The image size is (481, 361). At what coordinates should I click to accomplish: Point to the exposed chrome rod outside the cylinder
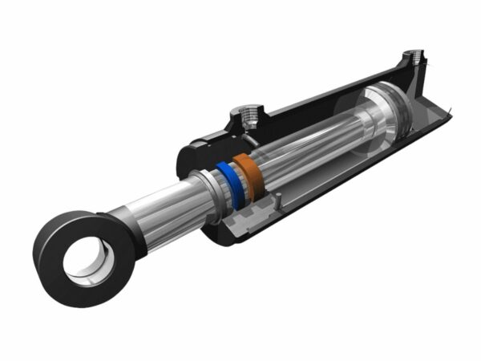coord(168,205)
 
